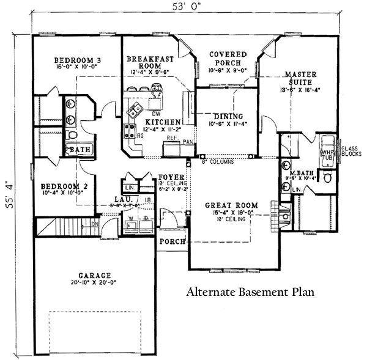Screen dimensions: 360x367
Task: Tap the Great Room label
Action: (231, 205)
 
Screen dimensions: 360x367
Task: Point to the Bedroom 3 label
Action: (78, 60)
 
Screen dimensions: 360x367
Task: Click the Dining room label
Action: (228, 116)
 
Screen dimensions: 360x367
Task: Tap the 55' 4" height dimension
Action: (9, 194)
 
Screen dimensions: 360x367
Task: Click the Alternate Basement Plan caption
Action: (250, 292)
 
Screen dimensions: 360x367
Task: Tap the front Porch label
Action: (171, 241)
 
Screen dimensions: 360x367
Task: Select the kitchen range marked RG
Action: (130, 130)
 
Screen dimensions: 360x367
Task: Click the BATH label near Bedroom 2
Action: (80, 149)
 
